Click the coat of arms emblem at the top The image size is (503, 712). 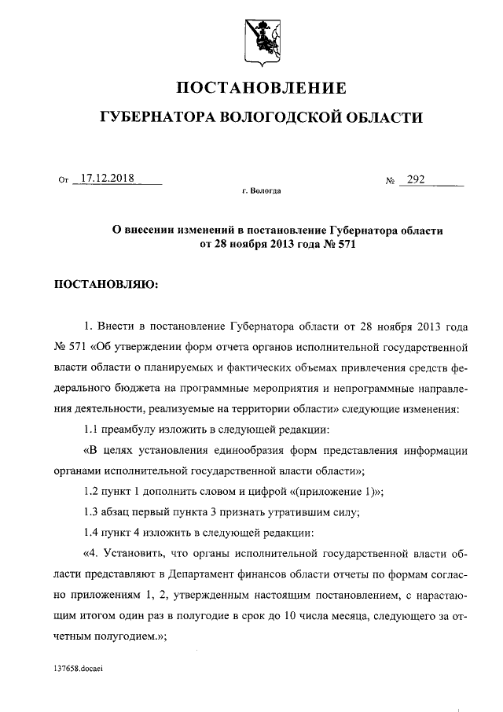click(259, 39)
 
